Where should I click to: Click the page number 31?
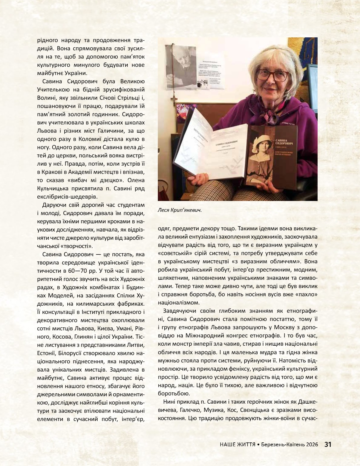(328, 445)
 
